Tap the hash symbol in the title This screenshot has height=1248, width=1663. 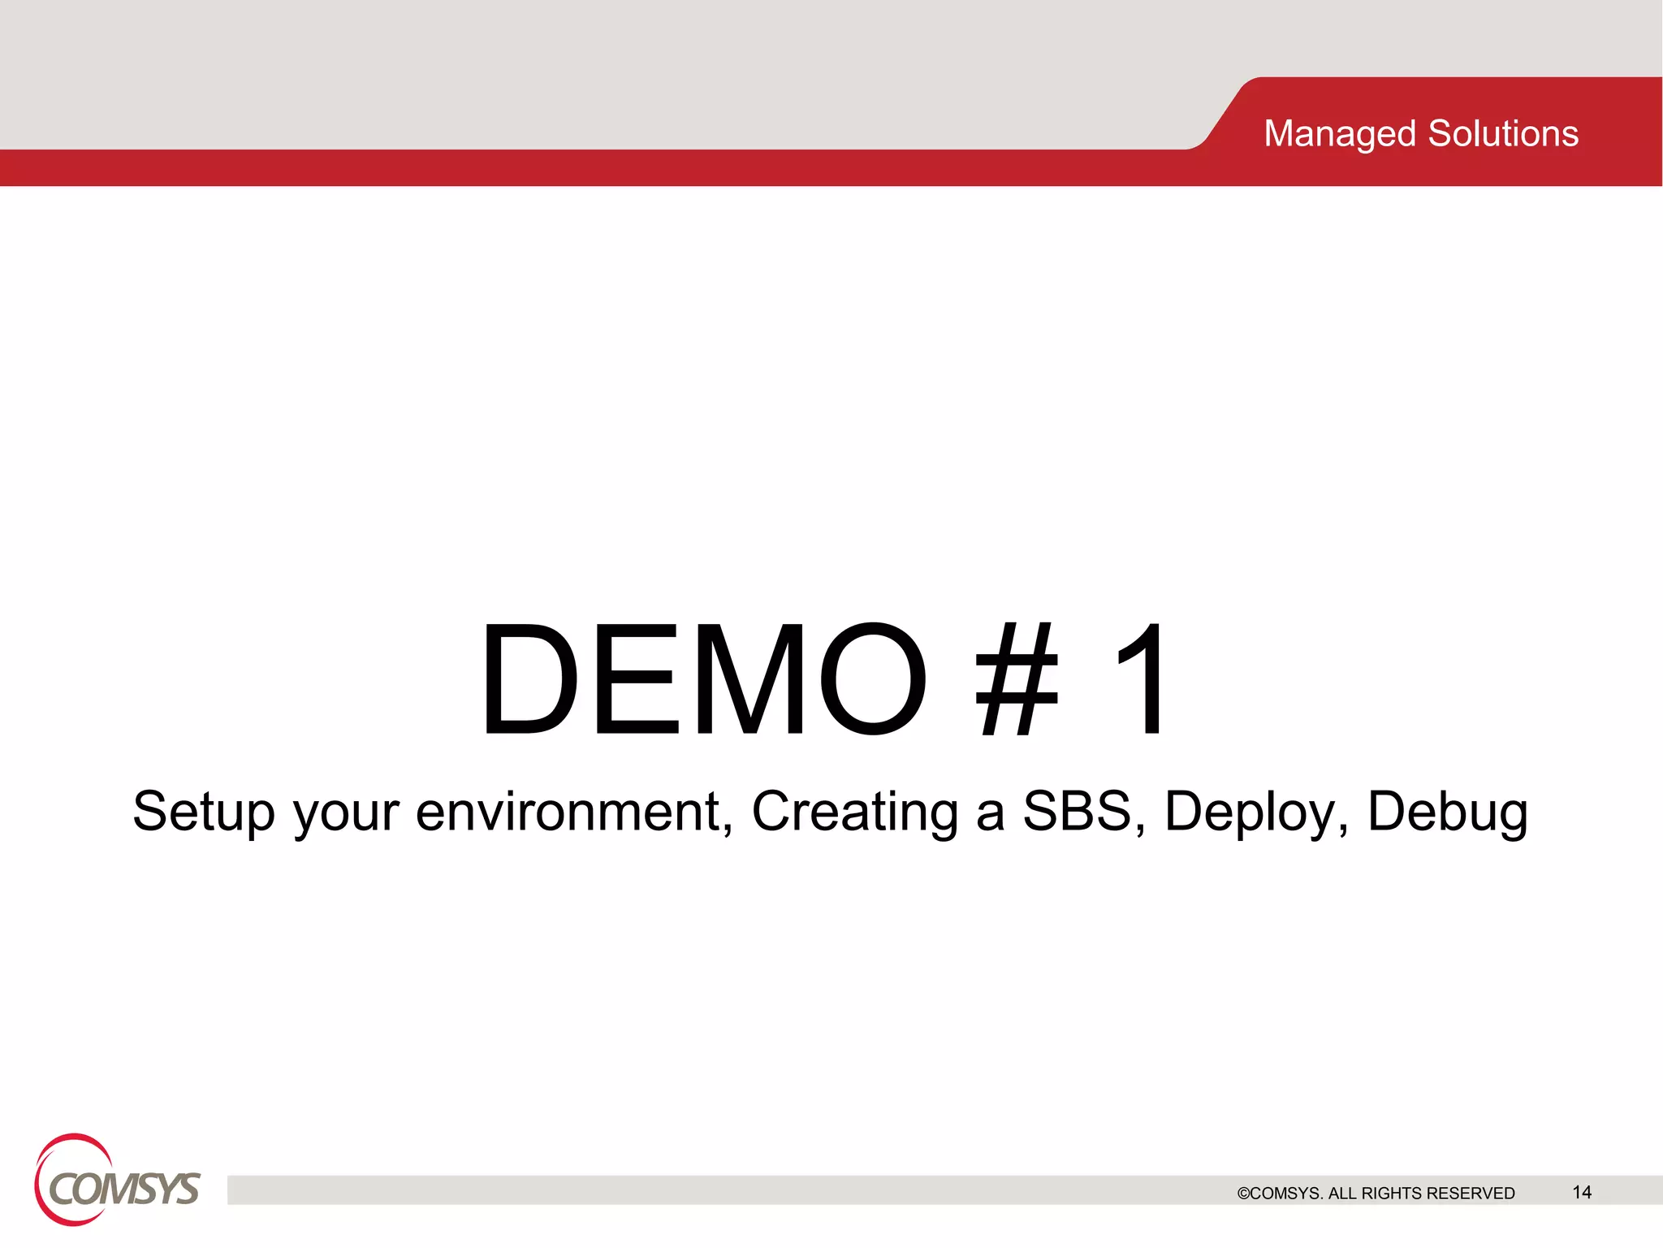[1017, 679]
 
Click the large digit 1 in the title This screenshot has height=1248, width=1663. [1142, 679]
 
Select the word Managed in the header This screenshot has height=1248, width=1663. [1340, 134]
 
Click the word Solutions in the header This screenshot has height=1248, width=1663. [1503, 134]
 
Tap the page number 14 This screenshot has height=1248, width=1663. [1582, 1192]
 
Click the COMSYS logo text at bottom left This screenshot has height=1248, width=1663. [124, 1190]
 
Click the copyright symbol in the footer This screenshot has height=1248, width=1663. [1243, 1194]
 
